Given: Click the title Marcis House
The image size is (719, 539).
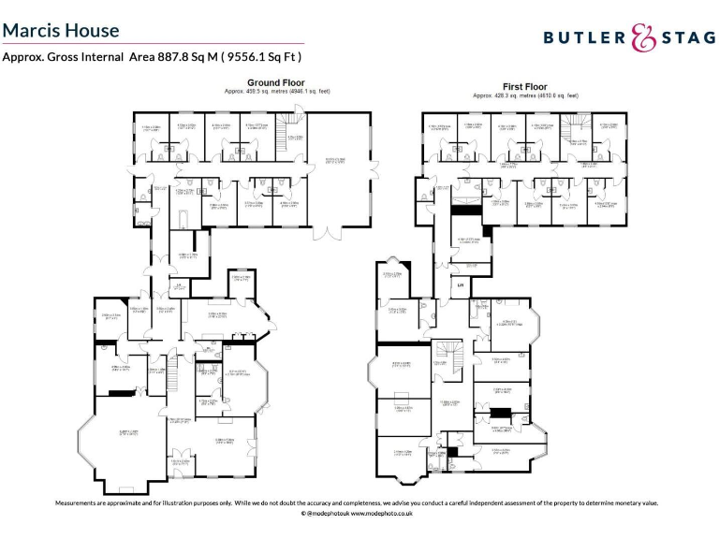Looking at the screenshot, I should (61, 30).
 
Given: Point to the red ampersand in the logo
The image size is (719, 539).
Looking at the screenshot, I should (642, 37).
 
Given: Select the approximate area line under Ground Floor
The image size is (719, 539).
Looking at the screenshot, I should (277, 92).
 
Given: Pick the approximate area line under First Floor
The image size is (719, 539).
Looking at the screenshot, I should (525, 95).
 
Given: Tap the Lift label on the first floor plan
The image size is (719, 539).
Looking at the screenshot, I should (459, 283).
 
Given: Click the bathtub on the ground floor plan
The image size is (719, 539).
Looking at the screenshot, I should (181, 217).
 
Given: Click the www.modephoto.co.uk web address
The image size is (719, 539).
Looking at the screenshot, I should (384, 514).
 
